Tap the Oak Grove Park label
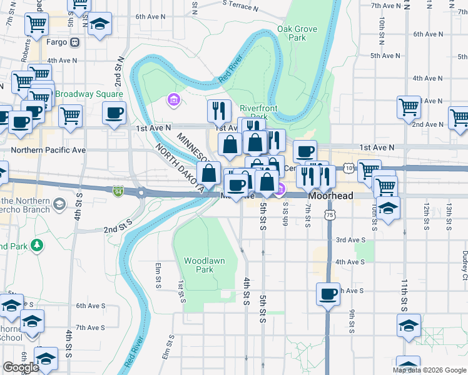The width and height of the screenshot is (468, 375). tap(297, 33)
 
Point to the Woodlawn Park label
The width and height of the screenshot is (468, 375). tap(199, 265)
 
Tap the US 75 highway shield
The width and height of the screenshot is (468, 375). tap(329, 214)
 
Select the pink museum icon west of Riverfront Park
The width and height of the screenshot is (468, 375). tap(173, 99)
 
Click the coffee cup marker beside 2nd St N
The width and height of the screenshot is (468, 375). tap(114, 113)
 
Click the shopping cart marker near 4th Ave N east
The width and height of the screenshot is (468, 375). tap(409, 107)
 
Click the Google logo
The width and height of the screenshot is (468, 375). tap(21, 367)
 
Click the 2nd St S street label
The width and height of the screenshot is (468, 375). tap(118, 226)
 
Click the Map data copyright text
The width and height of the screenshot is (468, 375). tap(429, 370)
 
